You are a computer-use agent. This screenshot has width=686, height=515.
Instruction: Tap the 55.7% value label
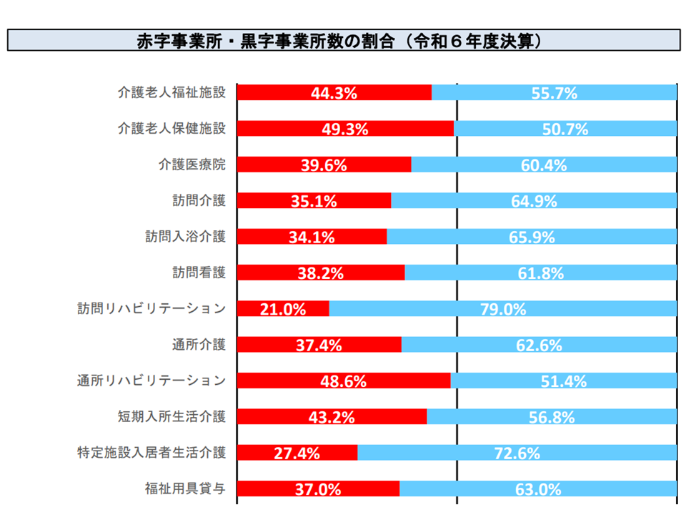click(555, 92)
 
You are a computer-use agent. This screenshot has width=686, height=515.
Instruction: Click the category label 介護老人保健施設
click(172, 129)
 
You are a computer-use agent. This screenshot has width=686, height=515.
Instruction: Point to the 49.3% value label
click(345, 129)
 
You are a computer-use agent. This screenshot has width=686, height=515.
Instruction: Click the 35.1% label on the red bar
click(314, 201)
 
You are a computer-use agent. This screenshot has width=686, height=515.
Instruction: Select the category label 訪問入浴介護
click(186, 237)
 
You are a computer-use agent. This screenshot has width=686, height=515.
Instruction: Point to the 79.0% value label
click(503, 309)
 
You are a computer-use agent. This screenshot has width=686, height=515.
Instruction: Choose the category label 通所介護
click(199, 345)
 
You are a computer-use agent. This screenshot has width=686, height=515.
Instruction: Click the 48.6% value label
click(343, 381)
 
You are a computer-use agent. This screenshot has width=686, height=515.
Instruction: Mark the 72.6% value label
click(517, 453)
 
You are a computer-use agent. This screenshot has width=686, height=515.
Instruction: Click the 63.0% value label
click(538, 489)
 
